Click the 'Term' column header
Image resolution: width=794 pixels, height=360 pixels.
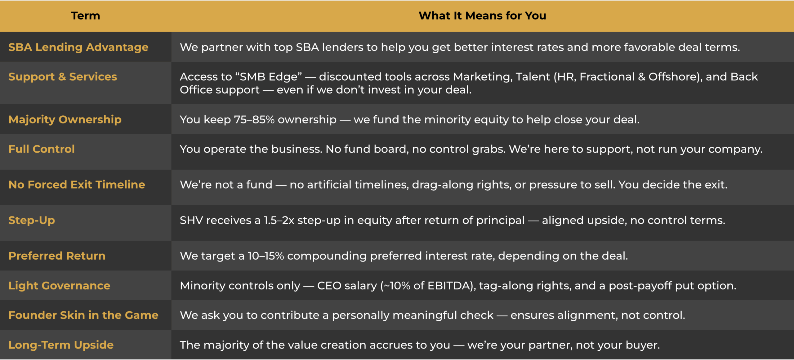86,16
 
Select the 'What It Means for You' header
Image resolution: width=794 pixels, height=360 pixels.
482,16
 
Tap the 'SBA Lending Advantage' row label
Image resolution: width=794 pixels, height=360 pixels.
78,47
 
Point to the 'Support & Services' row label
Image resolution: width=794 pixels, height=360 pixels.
63,77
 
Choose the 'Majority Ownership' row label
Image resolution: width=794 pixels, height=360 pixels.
65,120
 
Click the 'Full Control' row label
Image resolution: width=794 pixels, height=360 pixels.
42,149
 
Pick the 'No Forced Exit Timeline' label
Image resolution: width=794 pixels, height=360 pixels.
77,185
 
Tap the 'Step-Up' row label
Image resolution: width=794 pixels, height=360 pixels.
32,220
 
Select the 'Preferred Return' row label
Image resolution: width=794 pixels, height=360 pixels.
57,256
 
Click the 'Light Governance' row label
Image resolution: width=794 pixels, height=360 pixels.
60,286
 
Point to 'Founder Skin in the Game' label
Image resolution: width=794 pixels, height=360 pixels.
83,315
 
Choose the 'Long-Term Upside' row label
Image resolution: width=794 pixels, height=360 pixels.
61,345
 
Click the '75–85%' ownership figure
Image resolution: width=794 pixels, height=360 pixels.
254,120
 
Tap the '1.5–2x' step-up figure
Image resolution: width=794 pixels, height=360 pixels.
279,220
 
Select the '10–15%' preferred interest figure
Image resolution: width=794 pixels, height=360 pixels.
266,256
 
